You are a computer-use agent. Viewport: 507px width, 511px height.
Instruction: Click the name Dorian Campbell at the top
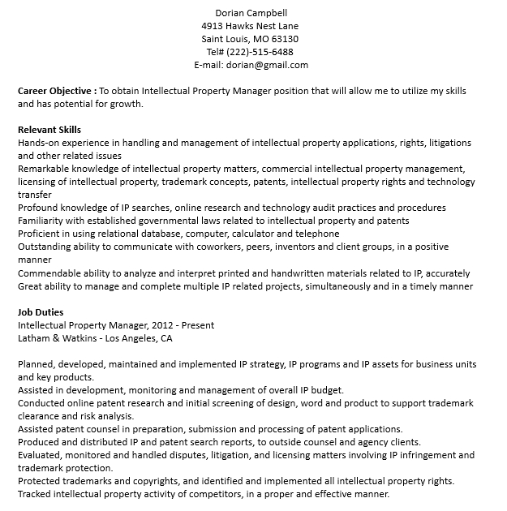[x=251, y=12]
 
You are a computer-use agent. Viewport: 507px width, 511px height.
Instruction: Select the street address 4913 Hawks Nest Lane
[x=251, y=25]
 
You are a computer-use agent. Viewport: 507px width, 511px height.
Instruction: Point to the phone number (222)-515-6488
[x=260, y=52]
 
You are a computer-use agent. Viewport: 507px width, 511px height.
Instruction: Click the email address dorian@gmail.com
[x=268, y=65]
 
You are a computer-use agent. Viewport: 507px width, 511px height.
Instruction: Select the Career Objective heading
[x=56, y=91]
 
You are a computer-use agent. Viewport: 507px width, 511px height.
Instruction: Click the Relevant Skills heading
[x=49, y=130]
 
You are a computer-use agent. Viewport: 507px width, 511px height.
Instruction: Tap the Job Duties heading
[x=41, y=312]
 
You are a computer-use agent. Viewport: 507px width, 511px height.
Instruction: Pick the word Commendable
[x=51, y=273]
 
